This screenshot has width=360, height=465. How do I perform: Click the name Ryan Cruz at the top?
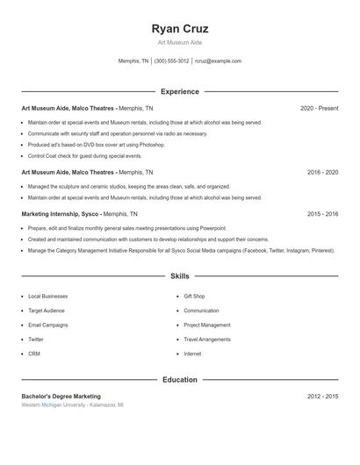tap(179, 29)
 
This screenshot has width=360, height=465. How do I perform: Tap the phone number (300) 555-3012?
tap(171, 61)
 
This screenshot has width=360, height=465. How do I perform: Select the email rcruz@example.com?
tap(218, 61)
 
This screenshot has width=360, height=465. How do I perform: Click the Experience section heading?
tap(179, 91)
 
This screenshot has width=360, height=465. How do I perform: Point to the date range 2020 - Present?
tap(319, 108)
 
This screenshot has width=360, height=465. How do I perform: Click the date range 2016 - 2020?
tap(322, 173)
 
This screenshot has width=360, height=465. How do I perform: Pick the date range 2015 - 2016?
tap(322, 213)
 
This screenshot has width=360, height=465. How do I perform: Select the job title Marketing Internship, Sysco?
tap(60, 213)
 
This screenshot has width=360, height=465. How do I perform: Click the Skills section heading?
tap(179, 275)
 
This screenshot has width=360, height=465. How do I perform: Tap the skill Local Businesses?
tap(48, 297)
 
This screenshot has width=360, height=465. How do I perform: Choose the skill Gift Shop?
tap(194, 297)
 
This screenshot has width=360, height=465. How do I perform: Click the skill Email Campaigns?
tap(48, 325)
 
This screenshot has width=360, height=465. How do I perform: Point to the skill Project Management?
tap(207, 325)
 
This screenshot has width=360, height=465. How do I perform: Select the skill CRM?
tap(34, 354)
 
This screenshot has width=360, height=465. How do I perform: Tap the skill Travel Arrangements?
tap(208, 339)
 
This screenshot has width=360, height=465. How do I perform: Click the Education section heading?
tap(179, 380)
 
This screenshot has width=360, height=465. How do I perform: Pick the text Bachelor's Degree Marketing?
tap(61, 397)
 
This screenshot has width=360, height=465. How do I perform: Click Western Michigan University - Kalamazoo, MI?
tap(72, 405)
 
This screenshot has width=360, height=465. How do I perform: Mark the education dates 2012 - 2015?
tap(322, 397)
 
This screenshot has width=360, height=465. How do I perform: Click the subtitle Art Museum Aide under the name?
tap(179, 42)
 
